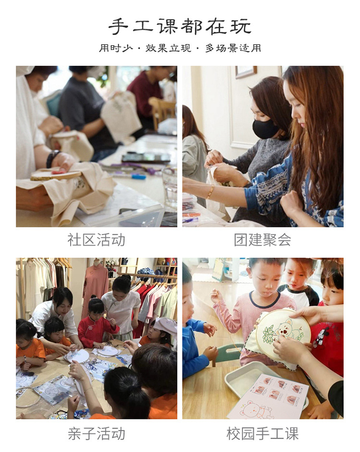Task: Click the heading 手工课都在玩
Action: coord(180,26)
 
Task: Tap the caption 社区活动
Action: coord(96,240)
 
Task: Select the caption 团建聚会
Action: coord(263,240)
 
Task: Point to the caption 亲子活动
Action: coord(96,434)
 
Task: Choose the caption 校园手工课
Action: coord(263,434)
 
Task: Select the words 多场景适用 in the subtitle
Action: coord(233,49)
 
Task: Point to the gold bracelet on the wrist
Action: coord(210,192)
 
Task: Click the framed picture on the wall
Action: coord(246,72)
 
